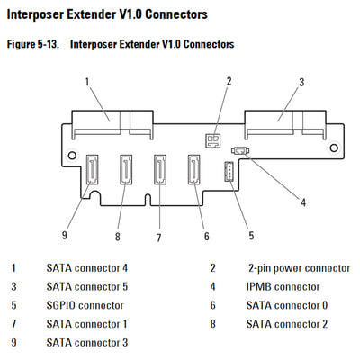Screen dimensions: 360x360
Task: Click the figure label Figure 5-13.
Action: click(x=31, y=43)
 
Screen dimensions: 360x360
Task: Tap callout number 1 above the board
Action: click(x=86, y=82)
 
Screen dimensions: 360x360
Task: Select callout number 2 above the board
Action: click(x=229, y=82)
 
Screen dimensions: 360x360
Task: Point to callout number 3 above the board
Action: click(x=301, y=82)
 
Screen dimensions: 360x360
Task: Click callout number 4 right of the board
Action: click(x=302, y=202)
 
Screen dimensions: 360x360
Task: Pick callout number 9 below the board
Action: click(x=65, y=235)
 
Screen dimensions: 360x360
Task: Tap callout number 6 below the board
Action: click(x=206, y=237)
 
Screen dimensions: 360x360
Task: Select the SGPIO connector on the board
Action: click(x=229, y=173)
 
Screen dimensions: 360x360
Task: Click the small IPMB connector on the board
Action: click(x=240, y=152)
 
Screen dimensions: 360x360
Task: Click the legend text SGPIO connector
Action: click(x=85, y=305)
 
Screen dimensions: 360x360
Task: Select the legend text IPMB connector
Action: click(x=283, y=286)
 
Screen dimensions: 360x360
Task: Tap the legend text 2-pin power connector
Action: click(x=299, y=268)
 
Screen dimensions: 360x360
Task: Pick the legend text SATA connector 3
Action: click(x=86, y=342)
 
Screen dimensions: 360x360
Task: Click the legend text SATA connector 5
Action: click(x=86, y=286)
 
